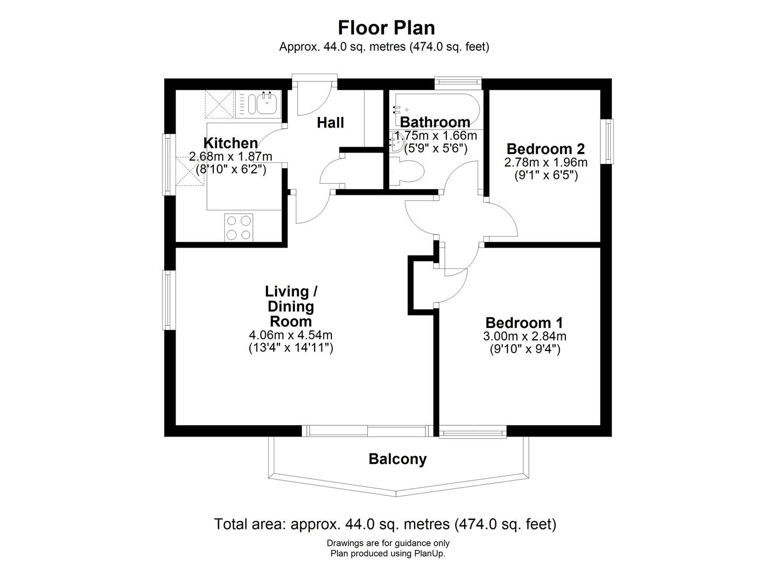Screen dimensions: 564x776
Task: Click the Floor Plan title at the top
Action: click(x=386, y=27)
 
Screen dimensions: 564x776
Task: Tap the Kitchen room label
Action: click(x=230, y=143)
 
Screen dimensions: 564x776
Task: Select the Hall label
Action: click(x=330, y=123)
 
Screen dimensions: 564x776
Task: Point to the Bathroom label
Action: click(x=435, y=122)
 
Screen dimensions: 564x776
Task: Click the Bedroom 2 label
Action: click(x=545, y=148)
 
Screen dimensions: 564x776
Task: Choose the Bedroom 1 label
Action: click(x=524, y=322)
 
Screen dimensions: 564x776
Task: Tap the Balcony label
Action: click(x=397, y=459)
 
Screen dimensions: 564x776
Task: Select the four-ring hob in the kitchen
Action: click(x=238, y=227)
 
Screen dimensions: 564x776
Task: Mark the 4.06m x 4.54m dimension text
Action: click(x=291, y=335)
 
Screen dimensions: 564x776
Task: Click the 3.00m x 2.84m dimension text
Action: click(x=525, y=336)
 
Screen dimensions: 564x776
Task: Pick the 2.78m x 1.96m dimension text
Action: click(x=546, y=162)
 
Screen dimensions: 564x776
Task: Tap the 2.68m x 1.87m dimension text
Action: click(x=230, y=156)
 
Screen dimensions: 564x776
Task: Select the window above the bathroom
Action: click(x=458, y=81)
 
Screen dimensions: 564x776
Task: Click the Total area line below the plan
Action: click(x=385, y=524)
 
